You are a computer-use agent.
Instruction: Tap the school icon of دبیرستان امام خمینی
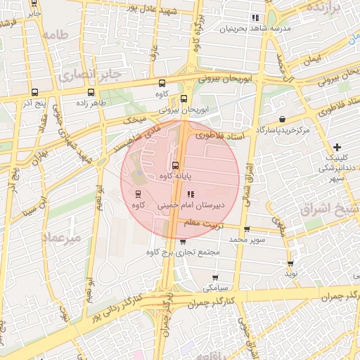(x=190, y=194)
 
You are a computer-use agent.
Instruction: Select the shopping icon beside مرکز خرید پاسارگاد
(x=282, y=120)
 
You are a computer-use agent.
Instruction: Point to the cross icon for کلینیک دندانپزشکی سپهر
(x=338, y=147)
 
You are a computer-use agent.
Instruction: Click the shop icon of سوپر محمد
(x=247, y=229)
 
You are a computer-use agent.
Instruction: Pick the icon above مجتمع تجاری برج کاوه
(x=183, y=242)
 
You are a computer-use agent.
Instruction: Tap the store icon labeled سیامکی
(x=215, y=278)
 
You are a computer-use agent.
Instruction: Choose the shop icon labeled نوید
(x=290, y=264)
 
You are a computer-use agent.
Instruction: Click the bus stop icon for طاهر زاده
(x=91, y=92)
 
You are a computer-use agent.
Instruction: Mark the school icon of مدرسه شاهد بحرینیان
(x=255, y=18)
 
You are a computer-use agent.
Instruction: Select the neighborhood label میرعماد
(x=63, y=238)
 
